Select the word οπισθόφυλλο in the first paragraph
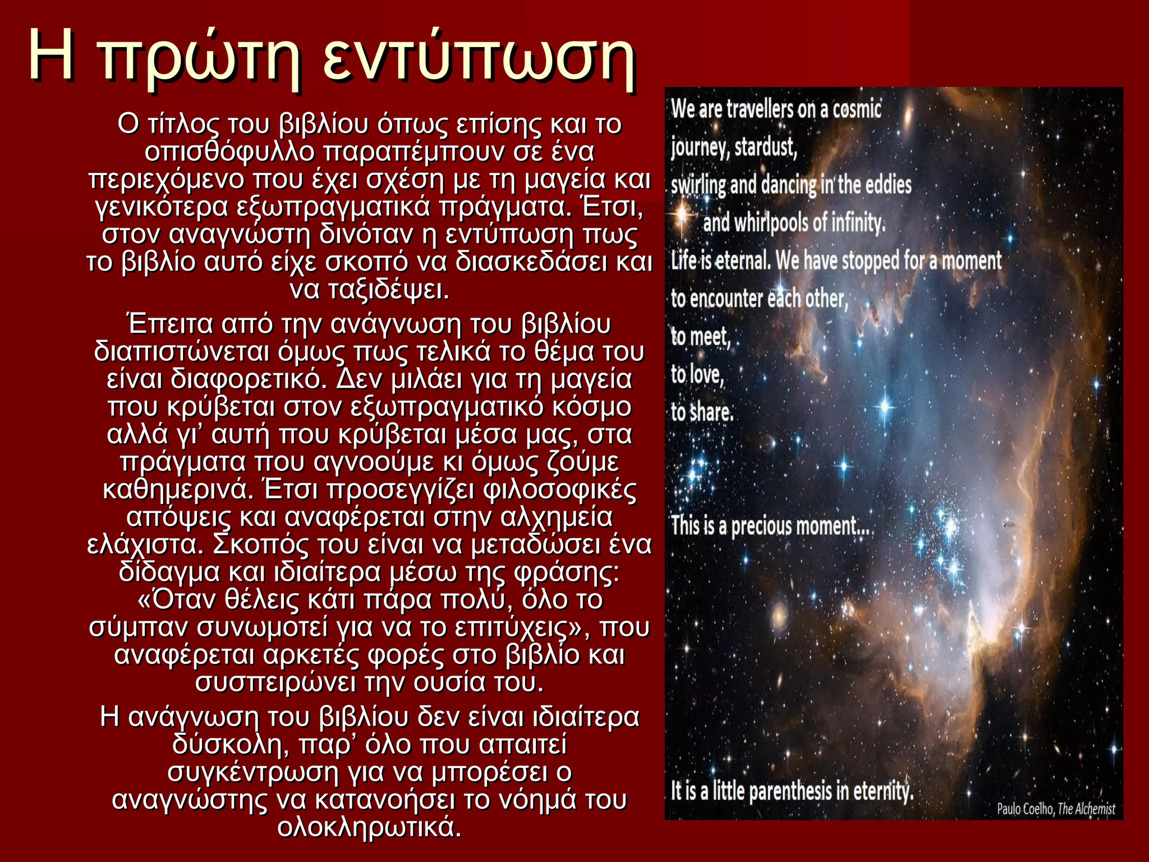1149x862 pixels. pyautogui.click(x=229, y=152)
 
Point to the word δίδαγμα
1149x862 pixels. pyautogui.click(x=170, y=572)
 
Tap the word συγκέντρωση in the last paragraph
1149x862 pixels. pyautogui.click(x=253, y=772)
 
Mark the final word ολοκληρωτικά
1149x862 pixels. pyautogui.click(x=370, y=827)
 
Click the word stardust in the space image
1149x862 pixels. pyautogui.click(x=766, y=147)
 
